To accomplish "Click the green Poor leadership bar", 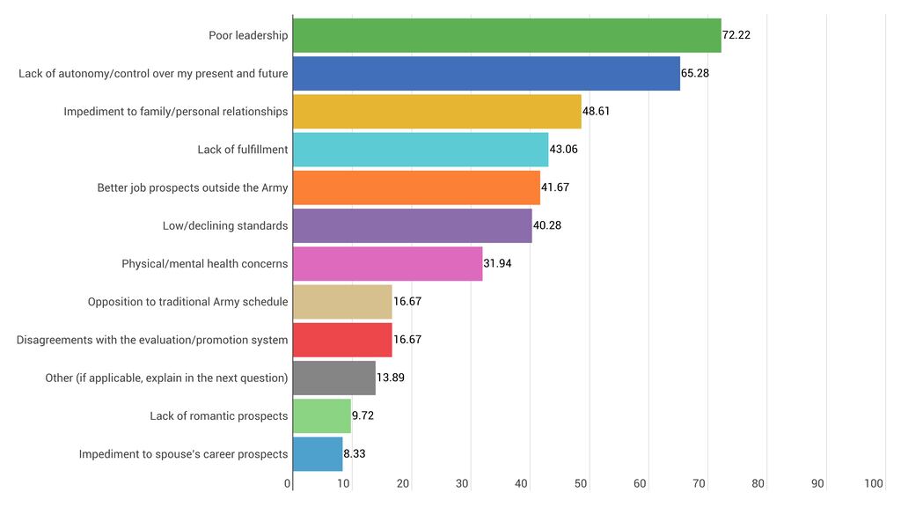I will pyautogui.click(x=506, y=35).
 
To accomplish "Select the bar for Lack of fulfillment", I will pyautogui.click(x=421, y=150).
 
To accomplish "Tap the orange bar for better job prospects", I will pyautogui.click(x=416, y=187).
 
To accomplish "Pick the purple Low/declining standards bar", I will pyautogui.click(x=412, y=225).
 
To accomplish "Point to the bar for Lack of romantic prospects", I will pyautogui.click(x=322, y=415).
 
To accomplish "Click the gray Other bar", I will pyautogui.click(x=334, y=378).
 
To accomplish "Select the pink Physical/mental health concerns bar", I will pyautogui.click(x=387, y=263).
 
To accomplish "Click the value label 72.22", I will pyautogui.click(x=736, y=35).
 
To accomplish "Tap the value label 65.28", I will pyautogui.click(x=695, y=73).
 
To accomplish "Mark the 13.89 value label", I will pyautogui.click(x=390, y=378).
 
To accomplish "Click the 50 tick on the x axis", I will pyautogui.click(x=582, y=483).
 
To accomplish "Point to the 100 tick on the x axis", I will pyautogui.click(x=874, y=483).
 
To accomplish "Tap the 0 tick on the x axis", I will pyautogui.click(x=288, y=483).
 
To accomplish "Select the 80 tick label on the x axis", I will pyautogui.click(x=758, y=483).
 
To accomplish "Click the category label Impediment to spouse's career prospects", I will pyautogui.click(x=183, y=454).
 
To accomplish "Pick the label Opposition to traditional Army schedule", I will pyautogui.click(x=187, y=302).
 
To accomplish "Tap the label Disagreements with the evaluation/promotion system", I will pyautogui.click(x=152, y=340).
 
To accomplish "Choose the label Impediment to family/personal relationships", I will pyautogui.click(x=175, y=112).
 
